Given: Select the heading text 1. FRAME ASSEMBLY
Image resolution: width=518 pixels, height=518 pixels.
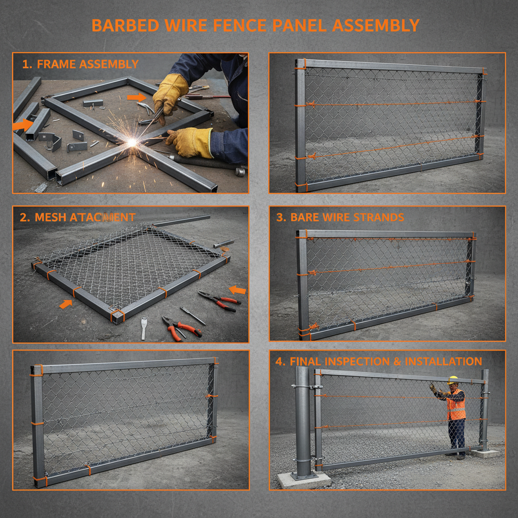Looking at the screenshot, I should click(80, 64).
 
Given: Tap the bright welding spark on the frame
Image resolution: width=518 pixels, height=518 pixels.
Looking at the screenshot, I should click(132, 143).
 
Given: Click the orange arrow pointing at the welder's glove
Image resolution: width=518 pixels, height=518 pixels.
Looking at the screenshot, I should click(136, 97).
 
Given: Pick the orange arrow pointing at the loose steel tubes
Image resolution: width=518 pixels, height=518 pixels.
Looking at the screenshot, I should click(24, 124).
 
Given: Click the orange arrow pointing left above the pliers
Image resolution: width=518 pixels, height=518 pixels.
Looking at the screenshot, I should click(237, 290).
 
